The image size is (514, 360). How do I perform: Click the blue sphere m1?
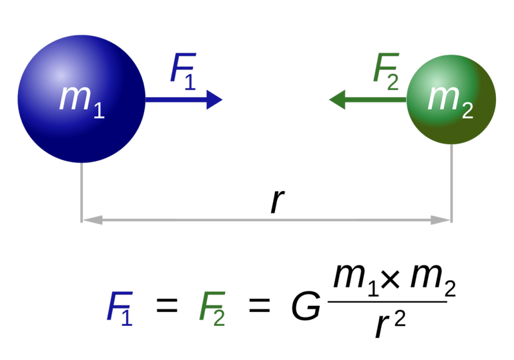81,99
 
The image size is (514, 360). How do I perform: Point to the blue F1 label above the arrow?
182,71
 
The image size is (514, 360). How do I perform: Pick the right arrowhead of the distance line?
445,221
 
